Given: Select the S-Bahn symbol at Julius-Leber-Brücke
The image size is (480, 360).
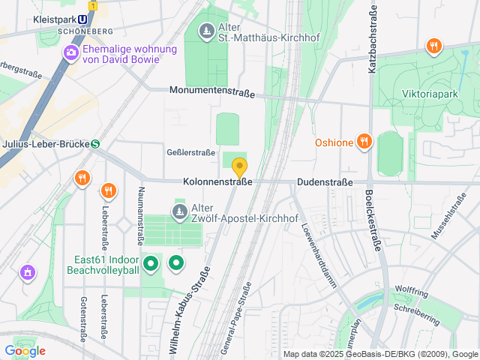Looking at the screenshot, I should click(95, 144).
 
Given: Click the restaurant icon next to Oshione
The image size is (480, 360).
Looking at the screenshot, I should click(364, 142).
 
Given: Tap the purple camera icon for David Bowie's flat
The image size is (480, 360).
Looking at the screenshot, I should click(71, 52).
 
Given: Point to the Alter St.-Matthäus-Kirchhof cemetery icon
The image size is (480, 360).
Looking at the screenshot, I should click(206, 31).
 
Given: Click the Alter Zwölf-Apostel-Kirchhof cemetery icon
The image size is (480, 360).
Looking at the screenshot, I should click(179, 212).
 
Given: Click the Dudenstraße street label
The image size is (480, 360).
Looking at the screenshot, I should click(325, 181).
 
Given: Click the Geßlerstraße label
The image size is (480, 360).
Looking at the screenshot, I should click(190, 151).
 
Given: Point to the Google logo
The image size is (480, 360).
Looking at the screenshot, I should click(25, 350).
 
